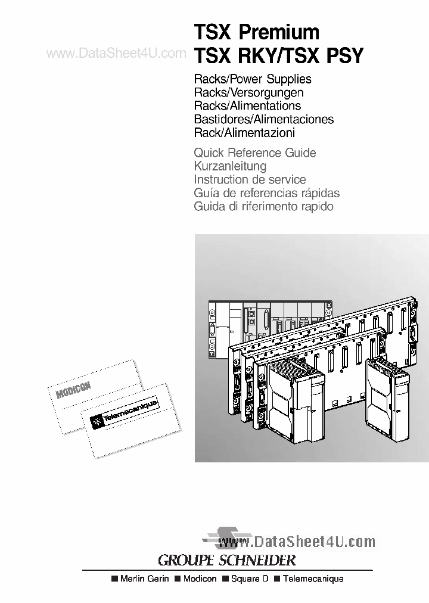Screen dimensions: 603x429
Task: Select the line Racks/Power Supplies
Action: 253,79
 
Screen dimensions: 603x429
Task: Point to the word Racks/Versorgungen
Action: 249,92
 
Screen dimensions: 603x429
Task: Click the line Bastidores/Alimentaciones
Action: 264,119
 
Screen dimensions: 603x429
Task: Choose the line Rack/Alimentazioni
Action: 245,133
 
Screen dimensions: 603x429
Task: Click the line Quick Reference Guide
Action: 255,153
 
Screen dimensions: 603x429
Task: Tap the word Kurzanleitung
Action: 230,166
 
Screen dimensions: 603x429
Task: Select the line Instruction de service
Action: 250,179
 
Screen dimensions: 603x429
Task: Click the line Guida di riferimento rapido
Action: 263,207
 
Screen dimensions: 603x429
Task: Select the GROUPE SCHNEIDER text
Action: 226,560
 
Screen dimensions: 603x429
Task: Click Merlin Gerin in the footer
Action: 145,579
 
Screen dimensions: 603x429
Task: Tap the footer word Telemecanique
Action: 313,579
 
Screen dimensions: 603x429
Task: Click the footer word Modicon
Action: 200,579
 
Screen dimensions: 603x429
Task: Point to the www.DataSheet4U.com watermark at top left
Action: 116,54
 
